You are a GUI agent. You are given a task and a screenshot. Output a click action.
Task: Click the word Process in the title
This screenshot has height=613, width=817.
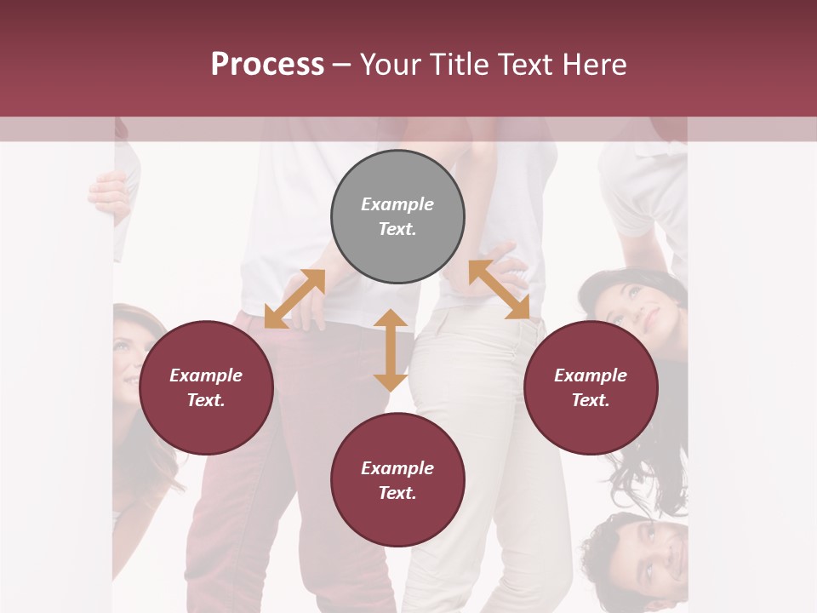pyautogui.click(x=267, y=65)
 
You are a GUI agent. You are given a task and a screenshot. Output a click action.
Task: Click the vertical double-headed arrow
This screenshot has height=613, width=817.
pyautogui.click(x=391, y=350)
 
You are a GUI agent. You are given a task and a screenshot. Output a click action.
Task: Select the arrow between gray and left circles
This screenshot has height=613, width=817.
pyautogui.click(x=294, y=299)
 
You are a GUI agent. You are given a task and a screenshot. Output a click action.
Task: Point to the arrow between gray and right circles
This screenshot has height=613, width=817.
pyautogui.click(x=500, y=289)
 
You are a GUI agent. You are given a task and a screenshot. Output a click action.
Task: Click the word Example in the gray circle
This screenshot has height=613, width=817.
pyautogui.click(x=397, y=204)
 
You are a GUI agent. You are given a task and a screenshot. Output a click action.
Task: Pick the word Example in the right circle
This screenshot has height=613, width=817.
pyautogui.click(x=591, y=375)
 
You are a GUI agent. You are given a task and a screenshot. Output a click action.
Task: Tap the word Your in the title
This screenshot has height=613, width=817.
pyautogui.click(x=391, y=65)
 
